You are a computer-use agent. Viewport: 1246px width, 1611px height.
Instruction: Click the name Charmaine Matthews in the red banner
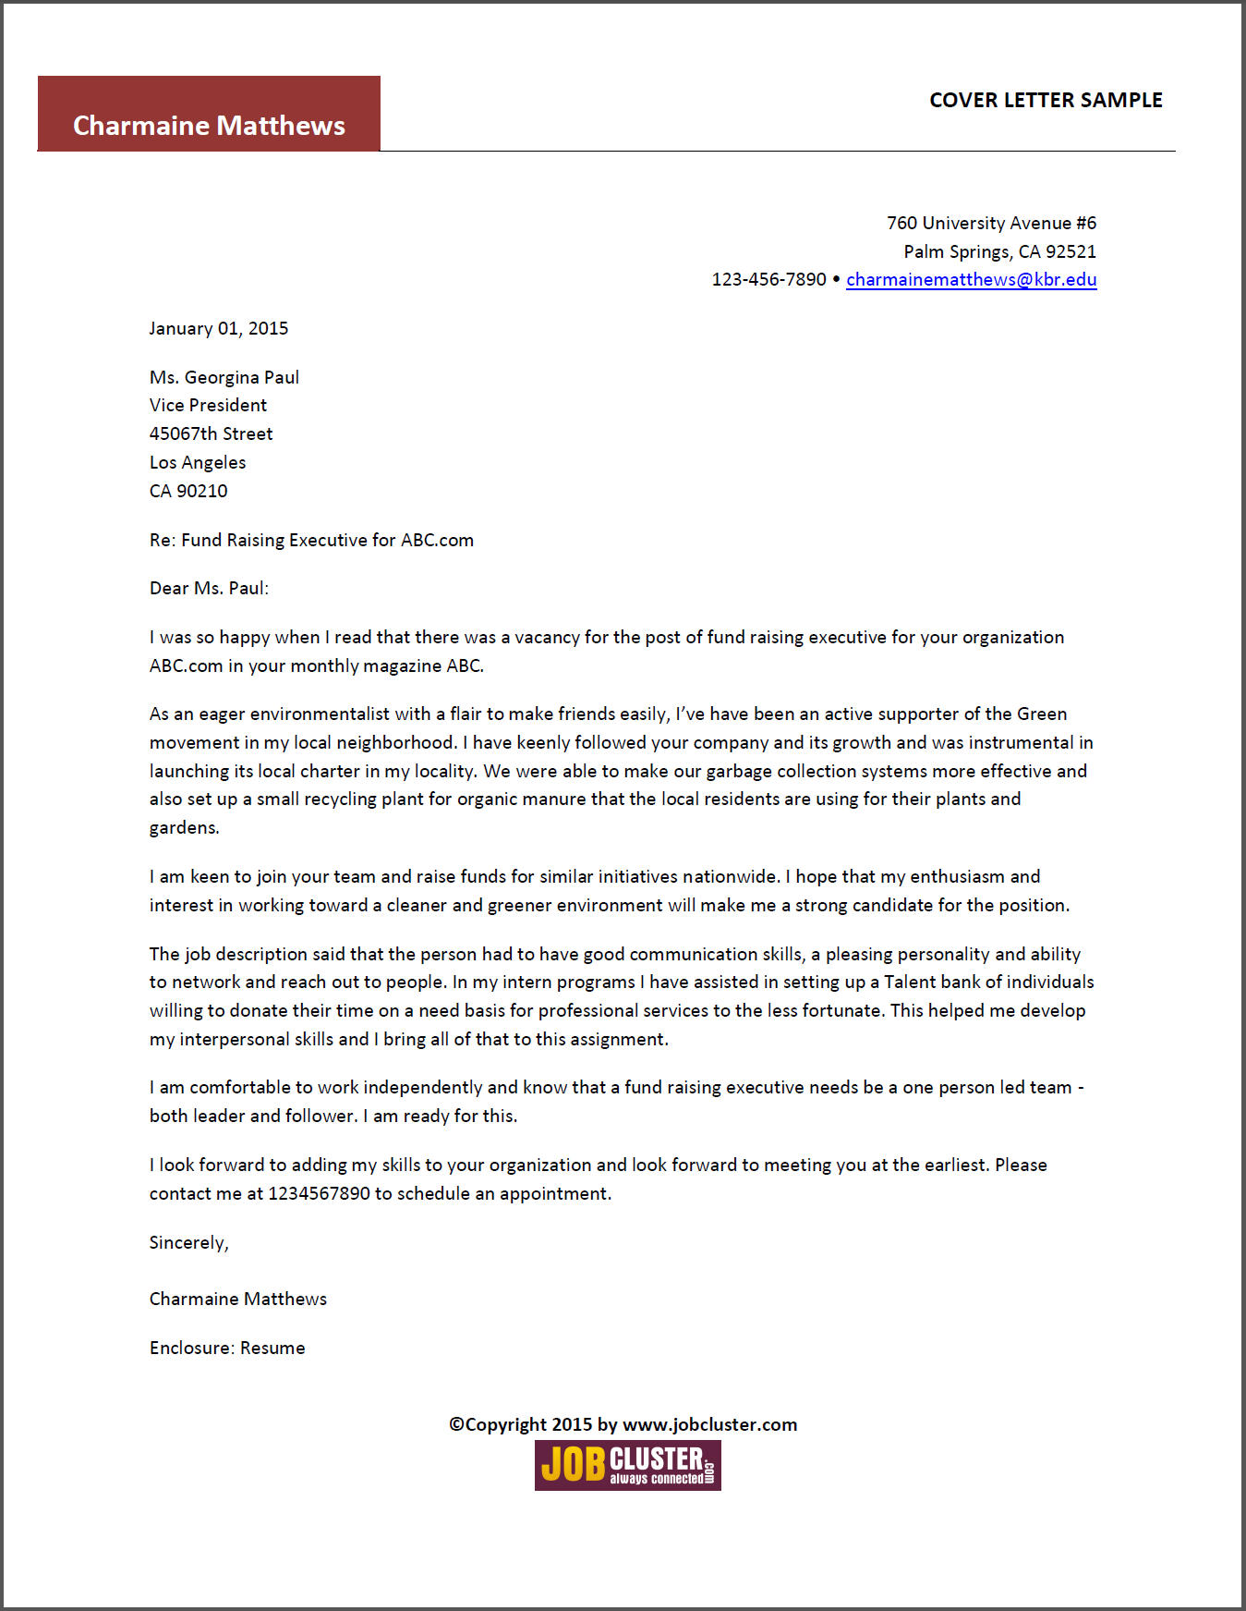[209, 125]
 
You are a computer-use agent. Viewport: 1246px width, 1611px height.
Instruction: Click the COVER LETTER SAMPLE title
[1046, 100]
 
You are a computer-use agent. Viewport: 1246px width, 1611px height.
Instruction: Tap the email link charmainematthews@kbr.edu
[971, 279]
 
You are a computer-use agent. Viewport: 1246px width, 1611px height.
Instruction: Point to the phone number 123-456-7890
[768, 279]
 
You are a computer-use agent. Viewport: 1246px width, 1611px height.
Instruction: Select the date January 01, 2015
[219, 328]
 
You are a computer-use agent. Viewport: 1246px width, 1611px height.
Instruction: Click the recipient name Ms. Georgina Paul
[224, 377]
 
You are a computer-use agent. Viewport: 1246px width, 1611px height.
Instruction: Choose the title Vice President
[208, 405]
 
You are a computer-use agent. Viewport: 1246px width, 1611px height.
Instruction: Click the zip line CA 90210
[188, 491]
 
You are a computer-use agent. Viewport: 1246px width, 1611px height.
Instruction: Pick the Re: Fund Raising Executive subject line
[311, 540]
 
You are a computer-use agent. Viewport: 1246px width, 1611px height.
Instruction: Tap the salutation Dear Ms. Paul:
[209, 588]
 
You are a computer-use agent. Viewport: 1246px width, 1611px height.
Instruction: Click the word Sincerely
[188, 1242]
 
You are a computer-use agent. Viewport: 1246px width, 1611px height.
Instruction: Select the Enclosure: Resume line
[227, 1348]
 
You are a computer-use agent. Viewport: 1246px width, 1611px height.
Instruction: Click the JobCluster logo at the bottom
[627, 1465]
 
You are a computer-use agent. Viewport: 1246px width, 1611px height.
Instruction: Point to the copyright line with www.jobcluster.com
[623, 1424]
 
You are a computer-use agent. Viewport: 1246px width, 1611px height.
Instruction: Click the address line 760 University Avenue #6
[991, 223]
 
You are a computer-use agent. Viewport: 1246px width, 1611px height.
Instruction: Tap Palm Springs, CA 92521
[999, 251]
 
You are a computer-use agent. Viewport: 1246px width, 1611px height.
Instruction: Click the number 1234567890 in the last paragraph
[319, 1193]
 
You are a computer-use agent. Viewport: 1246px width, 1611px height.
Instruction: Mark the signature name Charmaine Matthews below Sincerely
[238, 1299]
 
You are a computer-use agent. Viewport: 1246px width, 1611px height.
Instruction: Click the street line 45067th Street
[212, 433]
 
